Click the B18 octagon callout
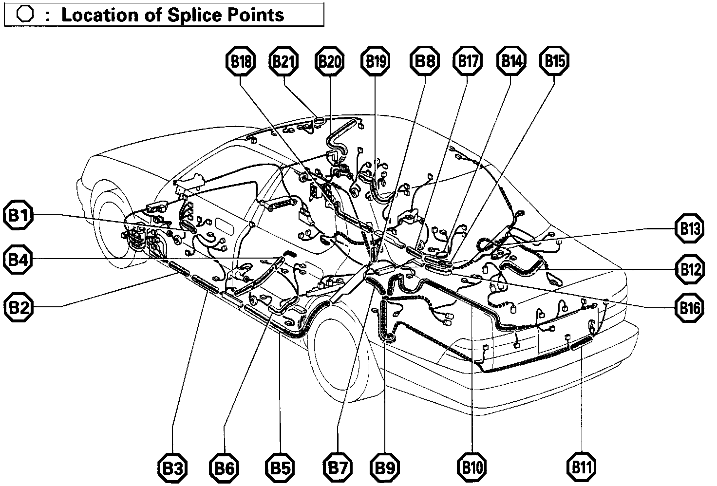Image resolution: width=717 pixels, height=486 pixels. tap(241, 61)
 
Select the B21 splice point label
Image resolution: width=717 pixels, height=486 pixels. tap(283, 61)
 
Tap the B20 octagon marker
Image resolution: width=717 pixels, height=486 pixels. tap(330, 61)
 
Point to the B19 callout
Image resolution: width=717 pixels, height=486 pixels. tap(375, 61)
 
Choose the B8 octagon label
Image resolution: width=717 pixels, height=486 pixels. tap(424, 61)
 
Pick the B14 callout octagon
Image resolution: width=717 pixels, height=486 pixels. tap(511, 61)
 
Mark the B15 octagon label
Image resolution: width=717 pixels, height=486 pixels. tap(554, 61)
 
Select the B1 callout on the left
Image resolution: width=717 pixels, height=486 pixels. tap(18, 216)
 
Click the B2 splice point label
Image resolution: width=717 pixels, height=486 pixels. tap(18, 307)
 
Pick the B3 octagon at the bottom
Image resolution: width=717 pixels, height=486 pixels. tap(172, 468)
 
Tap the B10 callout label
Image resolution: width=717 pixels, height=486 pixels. tap(472, 468)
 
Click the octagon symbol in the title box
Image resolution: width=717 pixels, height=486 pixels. tap(25, 14)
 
